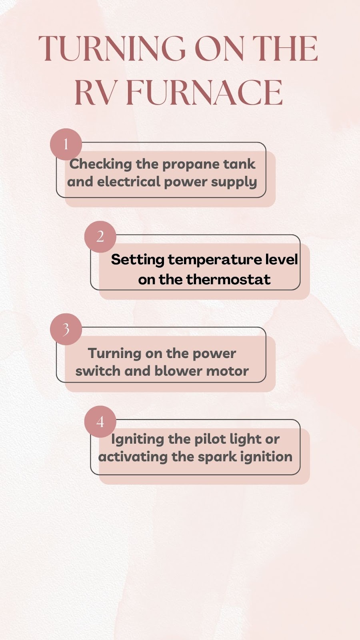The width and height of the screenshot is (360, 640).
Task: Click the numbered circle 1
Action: pyautogui.click(x=66, y=144)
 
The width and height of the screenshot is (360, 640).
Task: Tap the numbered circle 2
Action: pyautogui.click(x=100, y=237)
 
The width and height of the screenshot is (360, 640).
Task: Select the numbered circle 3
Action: pyautogui.click(x=66, y=330)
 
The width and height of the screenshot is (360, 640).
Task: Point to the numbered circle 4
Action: pyautogui.click(x=100, y=422)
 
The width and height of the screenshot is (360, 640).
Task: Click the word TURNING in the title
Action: pyautogui.click(x=112, y=48)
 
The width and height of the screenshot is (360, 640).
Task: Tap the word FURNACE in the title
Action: pyautogui.click(x=204, y=92)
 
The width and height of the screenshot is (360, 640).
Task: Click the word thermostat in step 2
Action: pyautogui.click(x=228, y=279)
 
